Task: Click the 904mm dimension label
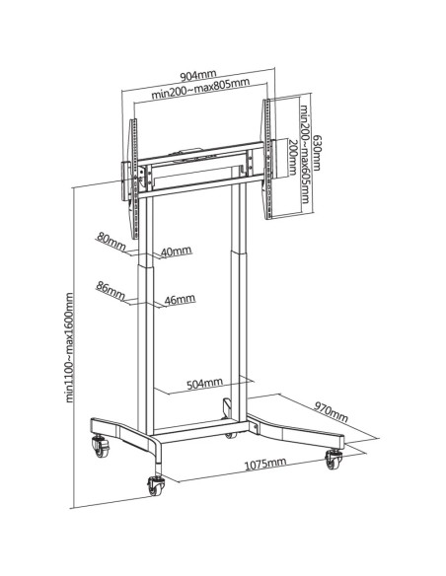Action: (x=198, y=75)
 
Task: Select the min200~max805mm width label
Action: (x=200, y=88)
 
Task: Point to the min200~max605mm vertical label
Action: (x=305, y=154)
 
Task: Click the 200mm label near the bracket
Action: (x=293, y=157)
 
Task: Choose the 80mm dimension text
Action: (x=111, y=241)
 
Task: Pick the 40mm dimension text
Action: (x=177, y=252)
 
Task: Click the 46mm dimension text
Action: (x=180, y=300)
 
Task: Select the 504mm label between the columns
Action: (x=204, y=384)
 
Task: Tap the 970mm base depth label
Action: (x=331, y=411)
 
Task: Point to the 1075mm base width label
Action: (x=265, y=464)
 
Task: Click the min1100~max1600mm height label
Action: (x=69, y=347)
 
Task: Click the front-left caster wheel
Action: (x=156, y=484)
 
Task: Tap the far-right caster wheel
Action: (x=334, y=459)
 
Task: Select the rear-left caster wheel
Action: (x=101, y=446)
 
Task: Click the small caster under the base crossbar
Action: (x=231, y=435)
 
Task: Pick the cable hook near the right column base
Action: (x=226, y=407)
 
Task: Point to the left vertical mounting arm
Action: (x=134, y=179)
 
